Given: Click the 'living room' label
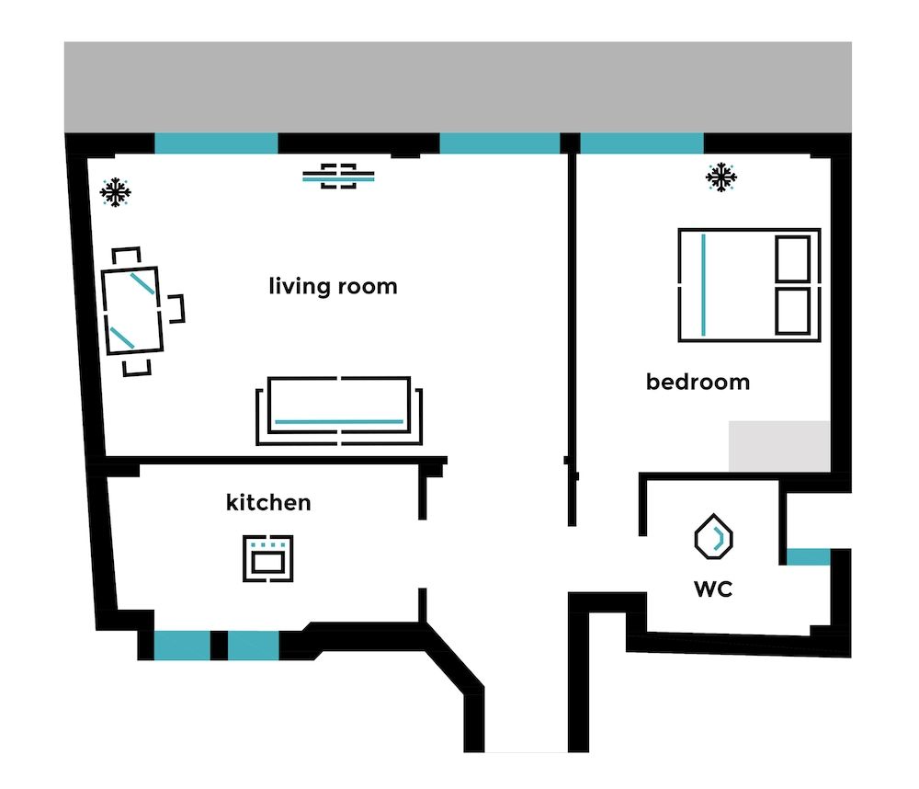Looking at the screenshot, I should [333, 286].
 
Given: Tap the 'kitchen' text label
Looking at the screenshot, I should [268, 503].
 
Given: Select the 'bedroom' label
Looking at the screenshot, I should [698, 382].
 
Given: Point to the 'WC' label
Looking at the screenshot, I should [713, 589].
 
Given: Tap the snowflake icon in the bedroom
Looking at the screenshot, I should [722, 177].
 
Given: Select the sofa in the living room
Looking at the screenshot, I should [339, 410].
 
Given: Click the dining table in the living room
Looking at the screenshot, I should [132, 310].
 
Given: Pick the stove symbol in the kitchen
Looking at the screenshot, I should [268, 557].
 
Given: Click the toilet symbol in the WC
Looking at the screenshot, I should [713, 537].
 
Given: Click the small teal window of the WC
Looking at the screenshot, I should [808, 556].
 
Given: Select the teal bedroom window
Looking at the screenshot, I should [641, 143].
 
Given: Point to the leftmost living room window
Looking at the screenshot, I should [216, 143].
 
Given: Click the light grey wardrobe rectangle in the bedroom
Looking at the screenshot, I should [779, 446].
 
